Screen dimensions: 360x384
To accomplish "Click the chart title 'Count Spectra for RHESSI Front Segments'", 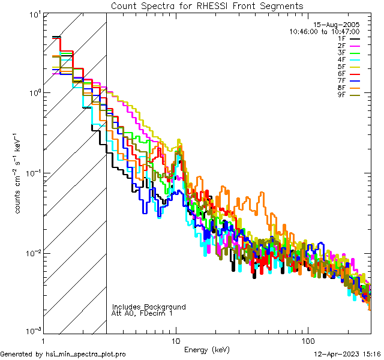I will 207,5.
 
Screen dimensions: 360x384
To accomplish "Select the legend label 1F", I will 341,38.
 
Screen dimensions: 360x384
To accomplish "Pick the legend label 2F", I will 341,46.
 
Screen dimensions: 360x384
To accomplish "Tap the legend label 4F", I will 341,59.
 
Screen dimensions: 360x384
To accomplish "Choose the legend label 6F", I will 341,73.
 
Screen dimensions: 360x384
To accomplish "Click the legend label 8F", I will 341,87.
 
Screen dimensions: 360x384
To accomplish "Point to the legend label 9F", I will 341,94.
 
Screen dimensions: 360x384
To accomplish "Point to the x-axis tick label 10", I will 176,340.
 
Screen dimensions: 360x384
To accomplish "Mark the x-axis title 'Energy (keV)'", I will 206,349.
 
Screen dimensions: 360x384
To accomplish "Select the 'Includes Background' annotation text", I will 149,307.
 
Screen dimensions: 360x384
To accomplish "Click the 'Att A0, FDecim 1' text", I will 142,313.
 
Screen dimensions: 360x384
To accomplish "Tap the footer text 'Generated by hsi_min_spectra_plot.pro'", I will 63,354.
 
